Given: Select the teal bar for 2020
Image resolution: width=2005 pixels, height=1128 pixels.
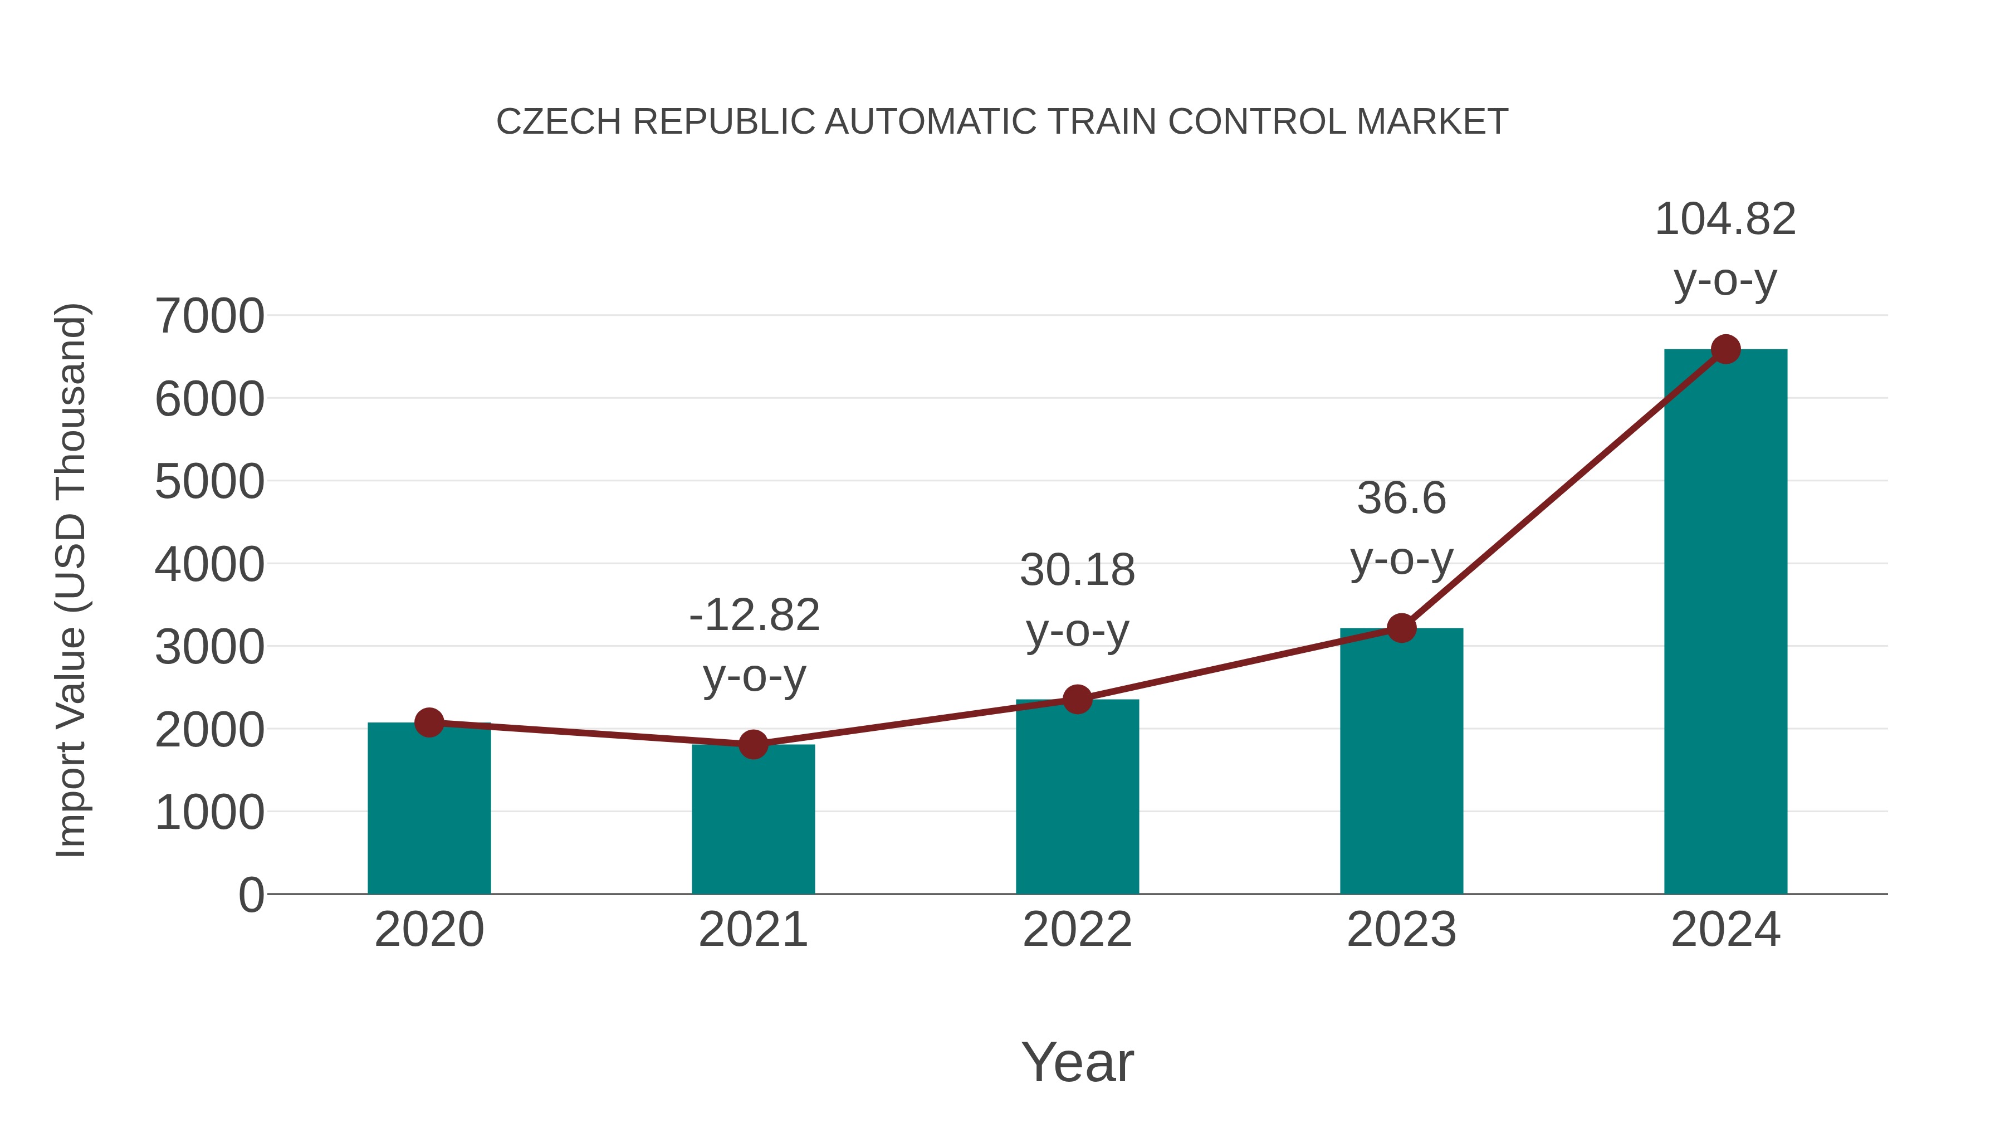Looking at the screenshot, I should tap(429, 809).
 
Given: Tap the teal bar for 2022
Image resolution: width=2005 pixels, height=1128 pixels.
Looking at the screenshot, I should tap(1077, 797).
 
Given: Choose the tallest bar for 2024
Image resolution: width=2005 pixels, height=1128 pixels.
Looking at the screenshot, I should tap(1725, 623).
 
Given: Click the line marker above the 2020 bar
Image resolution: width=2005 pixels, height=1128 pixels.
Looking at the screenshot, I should tap(429, 722).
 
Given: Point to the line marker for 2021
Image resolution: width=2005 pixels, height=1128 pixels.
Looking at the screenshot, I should tap(752, 744).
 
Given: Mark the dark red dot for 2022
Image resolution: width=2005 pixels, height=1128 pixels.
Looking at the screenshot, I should tap(1077, 699).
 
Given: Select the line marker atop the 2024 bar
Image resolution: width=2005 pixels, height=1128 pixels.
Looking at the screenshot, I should tap(1725, 349).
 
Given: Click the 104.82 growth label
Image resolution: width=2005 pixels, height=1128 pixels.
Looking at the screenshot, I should tap(1725, 219).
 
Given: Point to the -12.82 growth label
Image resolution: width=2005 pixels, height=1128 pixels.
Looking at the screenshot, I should tap(754, 616).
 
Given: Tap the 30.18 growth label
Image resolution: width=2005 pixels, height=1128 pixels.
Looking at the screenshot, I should tap(1077, 570).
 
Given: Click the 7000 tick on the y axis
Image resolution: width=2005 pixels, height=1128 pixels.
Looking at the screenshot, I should tap(209, 317).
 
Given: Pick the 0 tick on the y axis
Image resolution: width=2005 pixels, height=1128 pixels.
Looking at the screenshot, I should tap(251, 895).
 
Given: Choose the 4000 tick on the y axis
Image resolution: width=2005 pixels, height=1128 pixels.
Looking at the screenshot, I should tap(209, 565).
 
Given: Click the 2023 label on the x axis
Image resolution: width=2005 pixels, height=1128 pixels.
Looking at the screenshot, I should tap(1401, 930).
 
